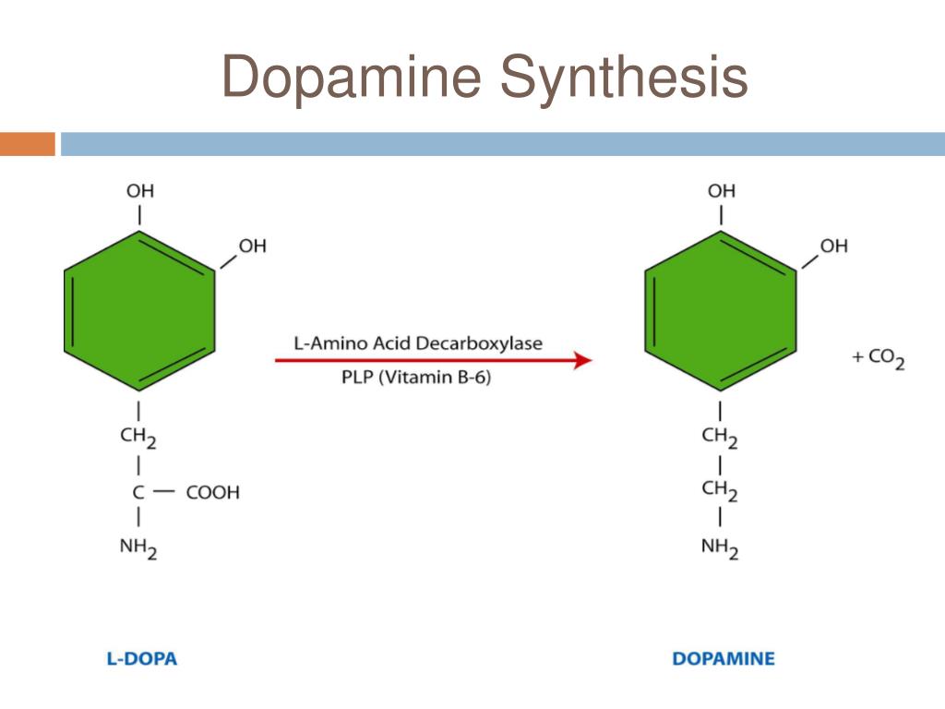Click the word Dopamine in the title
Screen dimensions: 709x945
click(352, 77)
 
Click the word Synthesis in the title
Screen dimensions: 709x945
click(624, 77)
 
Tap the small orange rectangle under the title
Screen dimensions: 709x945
click(27, 144)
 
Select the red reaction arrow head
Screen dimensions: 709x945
click(582, 360)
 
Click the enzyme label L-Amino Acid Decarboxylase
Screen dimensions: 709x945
click(418, 343)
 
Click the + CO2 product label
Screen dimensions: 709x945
click(878, 357)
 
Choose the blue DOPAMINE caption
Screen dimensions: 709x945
click(724, 659)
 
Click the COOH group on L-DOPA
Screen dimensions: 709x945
click(212, 492)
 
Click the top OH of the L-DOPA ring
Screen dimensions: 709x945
click(140, 191)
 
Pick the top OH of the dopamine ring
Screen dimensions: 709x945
click(722, 191)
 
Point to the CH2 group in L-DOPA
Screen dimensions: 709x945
click(138, 437)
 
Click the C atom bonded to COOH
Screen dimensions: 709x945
click(138, 492)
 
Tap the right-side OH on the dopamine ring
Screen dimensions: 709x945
click(833, 246)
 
